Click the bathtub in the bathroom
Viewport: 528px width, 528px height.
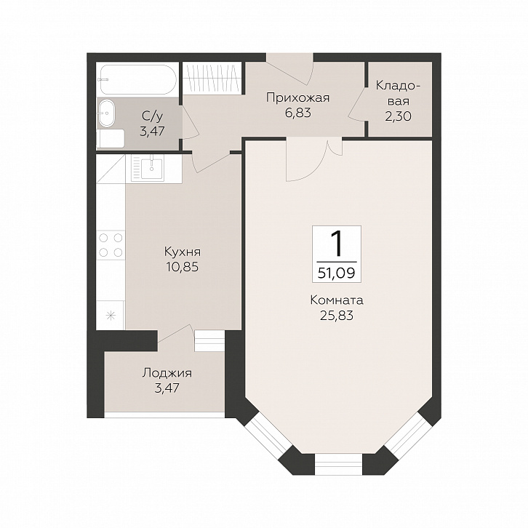(138, 79)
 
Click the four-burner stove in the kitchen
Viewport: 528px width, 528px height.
(111, 245)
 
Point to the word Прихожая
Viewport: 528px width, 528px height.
(297, 98)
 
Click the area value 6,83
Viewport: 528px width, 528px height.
(298, 113)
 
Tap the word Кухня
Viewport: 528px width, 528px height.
(183, 252)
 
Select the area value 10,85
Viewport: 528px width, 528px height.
(182, 267)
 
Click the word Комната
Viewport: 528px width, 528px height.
(337, 300)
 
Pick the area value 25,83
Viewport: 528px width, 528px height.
(337, 316)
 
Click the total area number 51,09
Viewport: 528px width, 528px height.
(337, 273)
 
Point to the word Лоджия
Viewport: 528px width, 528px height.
(167, 373)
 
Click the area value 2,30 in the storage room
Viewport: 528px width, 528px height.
(399, 116)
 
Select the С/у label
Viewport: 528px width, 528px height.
(152, 116)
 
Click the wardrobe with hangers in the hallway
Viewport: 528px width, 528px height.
(212, 77)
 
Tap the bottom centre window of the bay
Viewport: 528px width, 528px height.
(338, 465)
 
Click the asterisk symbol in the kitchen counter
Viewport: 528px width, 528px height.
(110, 316)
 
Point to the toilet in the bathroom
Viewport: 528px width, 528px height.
(111, 139)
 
